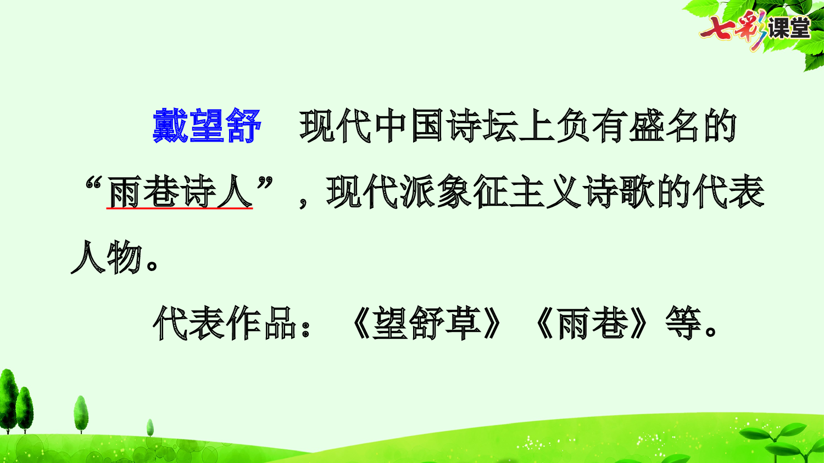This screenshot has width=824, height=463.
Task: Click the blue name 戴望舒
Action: [x=207, y=126]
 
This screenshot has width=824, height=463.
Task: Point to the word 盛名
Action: [x=663, y=126]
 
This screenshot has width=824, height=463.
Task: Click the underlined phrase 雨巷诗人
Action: [x=180, y=193]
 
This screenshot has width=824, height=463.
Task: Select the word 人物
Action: [x=107, y=258]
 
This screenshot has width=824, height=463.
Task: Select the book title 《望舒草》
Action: [x=426, y=323]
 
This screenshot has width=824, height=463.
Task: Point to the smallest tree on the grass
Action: [x=150, y=427]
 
